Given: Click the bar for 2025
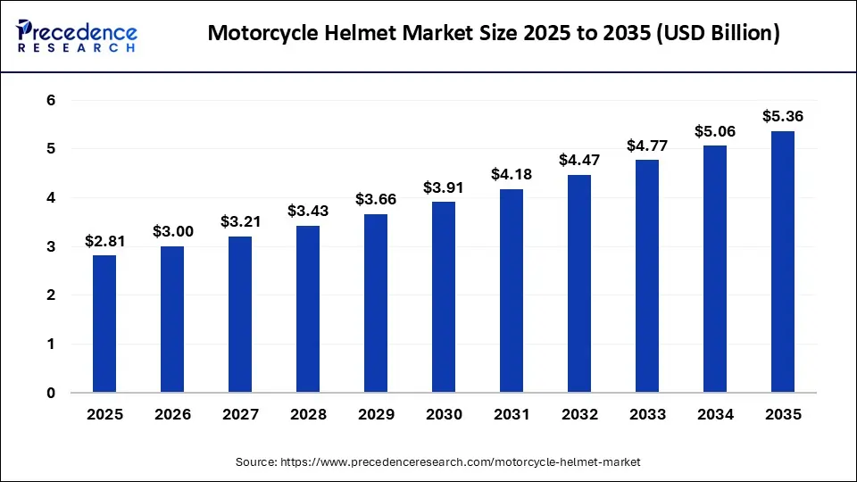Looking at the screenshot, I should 104,323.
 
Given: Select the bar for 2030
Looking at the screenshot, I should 444,296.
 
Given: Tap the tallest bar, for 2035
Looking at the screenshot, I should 783,262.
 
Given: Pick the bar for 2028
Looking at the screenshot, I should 308,308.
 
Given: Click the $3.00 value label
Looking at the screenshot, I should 172,231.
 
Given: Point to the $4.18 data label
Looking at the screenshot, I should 512,174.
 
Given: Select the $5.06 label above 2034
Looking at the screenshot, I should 715,131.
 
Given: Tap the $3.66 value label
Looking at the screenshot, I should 376,199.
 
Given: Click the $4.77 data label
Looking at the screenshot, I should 647,145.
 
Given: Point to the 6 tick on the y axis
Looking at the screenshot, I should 51,100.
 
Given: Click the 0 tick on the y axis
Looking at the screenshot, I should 51,393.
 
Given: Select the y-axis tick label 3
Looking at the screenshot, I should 51,246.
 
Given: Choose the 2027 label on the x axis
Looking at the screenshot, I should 240,414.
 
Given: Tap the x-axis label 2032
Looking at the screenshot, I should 579,414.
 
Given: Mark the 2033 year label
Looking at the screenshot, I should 647,414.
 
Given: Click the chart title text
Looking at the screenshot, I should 493,34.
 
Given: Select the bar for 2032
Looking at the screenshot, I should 579,283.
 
